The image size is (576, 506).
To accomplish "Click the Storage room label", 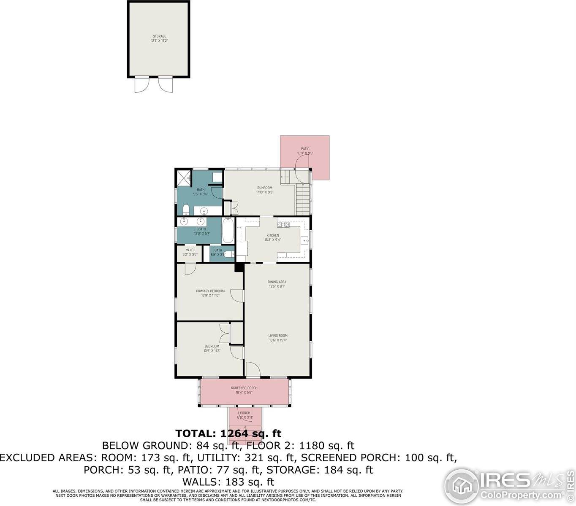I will point(159,36).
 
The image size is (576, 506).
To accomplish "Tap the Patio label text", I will point(305,149).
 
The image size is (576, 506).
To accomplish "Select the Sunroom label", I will point(265,188).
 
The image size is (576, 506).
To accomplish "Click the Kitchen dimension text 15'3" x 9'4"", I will point(272,240).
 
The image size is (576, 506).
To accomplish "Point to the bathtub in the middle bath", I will point(228,230).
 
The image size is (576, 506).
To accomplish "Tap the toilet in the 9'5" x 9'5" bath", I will point(186,210).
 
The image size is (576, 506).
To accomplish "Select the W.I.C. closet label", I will point(190,250).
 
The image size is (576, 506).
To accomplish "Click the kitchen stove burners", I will point(283,224).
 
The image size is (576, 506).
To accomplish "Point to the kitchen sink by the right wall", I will point(305,240).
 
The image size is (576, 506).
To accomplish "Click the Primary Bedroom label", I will point(210,291).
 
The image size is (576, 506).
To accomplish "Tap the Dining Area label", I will point(277,282).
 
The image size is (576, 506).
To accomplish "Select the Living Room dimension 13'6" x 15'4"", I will point(278,340).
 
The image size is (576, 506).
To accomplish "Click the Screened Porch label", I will point(244,388).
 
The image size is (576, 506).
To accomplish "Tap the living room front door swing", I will point(253,369).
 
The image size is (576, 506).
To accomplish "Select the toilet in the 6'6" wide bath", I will point(228,254).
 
